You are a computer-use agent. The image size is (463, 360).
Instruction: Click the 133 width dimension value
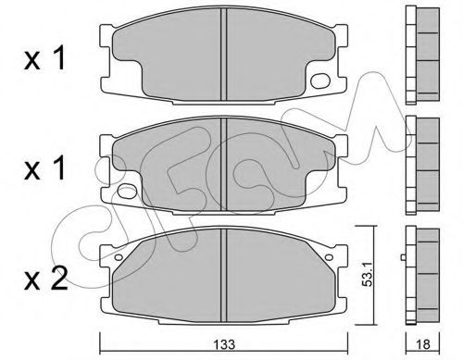tap(225, 344)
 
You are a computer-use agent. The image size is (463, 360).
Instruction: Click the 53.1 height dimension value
tap(368, 275)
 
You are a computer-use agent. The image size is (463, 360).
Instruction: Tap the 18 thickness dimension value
tap(423, 344)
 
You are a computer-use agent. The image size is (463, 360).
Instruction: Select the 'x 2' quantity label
tap(45, 279)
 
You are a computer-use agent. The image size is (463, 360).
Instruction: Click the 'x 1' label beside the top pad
tap(44, 57)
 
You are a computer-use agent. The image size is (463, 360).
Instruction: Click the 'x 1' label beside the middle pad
tap(44, 168)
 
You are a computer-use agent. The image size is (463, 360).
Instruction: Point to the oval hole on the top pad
tap(320, 81)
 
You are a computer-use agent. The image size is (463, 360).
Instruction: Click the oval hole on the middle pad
tap(127, 192)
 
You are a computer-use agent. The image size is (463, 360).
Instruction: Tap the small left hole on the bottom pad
tap(119, 257)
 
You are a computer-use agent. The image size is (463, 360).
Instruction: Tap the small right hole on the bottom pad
tap(329, 257)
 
